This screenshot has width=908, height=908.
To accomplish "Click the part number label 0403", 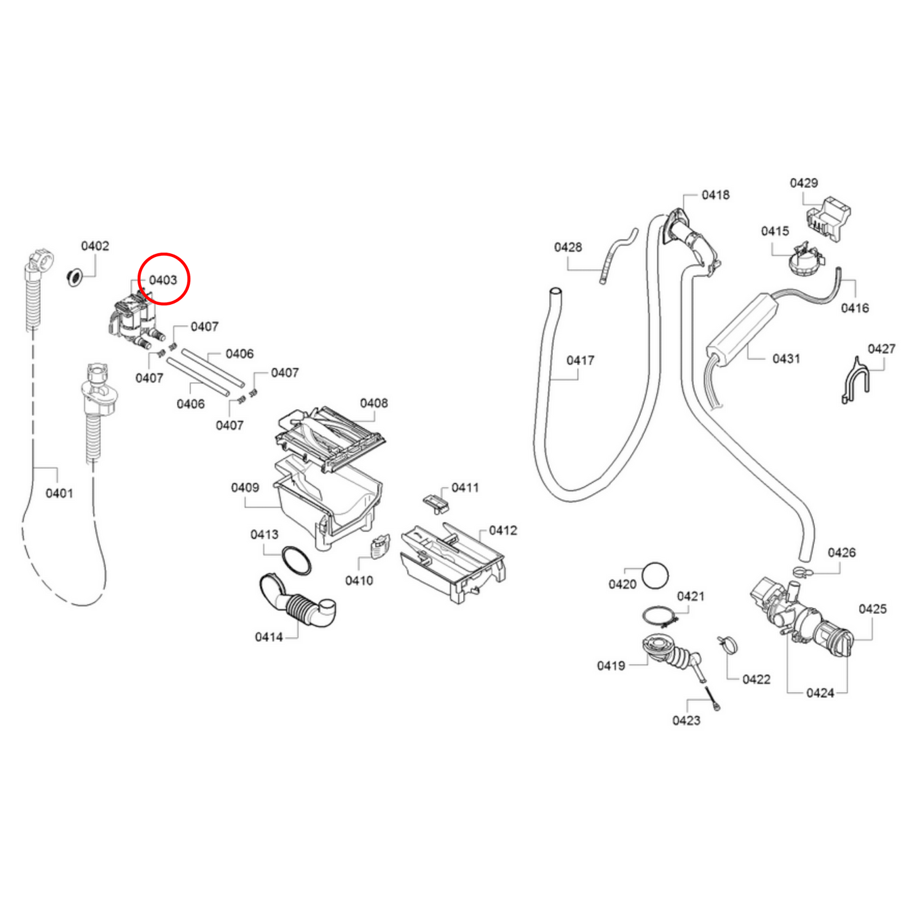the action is pos(163,280).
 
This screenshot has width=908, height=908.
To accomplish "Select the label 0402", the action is pos(95,246).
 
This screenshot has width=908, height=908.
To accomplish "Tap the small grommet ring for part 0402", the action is pos(74,277).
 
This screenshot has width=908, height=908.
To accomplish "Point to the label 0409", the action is pos(244,487).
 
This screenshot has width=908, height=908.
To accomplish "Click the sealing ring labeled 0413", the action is pos(296,561).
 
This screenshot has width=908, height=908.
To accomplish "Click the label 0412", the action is pos(503,530).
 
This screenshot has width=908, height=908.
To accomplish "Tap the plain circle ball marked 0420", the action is pos(655,576).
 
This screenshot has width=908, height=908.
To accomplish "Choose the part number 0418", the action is pos(715,195).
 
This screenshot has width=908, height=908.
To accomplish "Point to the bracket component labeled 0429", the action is pos(828,219).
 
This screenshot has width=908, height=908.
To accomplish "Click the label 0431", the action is pos(786,359).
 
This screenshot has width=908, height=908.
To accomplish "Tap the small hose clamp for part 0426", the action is pos(804,572).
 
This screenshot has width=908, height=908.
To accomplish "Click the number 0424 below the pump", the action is pos(820,692).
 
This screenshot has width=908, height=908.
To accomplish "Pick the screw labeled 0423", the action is pos(713,698).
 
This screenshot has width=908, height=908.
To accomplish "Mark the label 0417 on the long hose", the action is pos(580,360).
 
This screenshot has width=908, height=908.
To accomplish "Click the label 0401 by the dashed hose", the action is pos(59,493).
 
